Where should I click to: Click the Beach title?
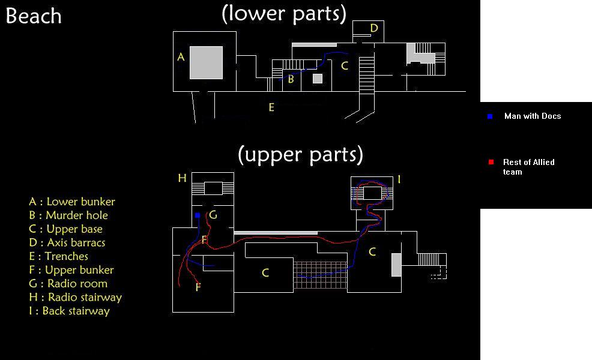pos(34,16)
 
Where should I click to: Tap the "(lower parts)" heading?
pos(283,13)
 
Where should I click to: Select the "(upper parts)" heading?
pos(300,154)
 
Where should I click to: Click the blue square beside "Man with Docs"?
pos(490,116)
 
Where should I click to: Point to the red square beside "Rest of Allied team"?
pos(491,162)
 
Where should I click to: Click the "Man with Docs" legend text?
pos(533,116)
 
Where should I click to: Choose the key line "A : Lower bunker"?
pos(71,202)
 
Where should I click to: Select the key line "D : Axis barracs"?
pos(67,242)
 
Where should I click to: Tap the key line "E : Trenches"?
pos(58,256)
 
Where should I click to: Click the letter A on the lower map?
pos(181,58)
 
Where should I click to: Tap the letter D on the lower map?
pos(373,28)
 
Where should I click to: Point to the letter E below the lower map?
pos(271,108)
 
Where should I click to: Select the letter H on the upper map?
pos(183,178)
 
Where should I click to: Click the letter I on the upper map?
pos(399,179)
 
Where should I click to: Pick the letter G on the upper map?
pos(213,215)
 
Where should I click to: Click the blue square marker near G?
pos(197,215)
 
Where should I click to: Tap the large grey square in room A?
pos(206,62)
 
